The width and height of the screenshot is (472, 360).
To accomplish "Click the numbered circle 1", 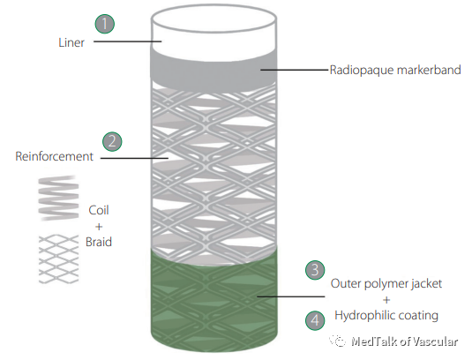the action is pyautogui.click(x=105, y=24).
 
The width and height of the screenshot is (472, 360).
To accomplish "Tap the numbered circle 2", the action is pyautogui.click(x=112, y=141).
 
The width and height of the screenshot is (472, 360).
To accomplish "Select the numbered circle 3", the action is pyautogui.click(x=315, y=270).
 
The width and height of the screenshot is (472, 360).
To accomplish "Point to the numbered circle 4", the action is pyautogui.click(x=315, y=320).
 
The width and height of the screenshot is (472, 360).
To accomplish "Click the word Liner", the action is pyautogui.click(x=71, y=42).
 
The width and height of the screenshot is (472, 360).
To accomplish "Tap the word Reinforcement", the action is pyautogui.click(x=54, y=156).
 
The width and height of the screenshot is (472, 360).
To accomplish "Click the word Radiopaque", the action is pyautogui.click(x=362, y=70).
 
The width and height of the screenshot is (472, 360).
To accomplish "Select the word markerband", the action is pyautogui.click(x=429, y=70).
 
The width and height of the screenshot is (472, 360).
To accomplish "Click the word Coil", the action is pyautogui.click(x=99, y=210).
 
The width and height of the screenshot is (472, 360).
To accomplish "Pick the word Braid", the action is pyautogui.click(x=99, y=242).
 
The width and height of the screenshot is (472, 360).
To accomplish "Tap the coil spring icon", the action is pyautogui.click(x=59, y=198).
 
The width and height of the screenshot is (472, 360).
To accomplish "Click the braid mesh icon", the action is pyautogui.click(x=59, y=259).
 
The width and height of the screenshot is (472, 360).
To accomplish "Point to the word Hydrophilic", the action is pyautogui.click(x=358, y=316).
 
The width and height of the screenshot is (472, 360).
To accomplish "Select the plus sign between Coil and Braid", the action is pyautogui.click(x=99, y=227).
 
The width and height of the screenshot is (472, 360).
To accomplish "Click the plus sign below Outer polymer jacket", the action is pyautogui.click(x=386, y=300).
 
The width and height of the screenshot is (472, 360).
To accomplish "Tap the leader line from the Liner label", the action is pyautogui.click(x=128, y=41).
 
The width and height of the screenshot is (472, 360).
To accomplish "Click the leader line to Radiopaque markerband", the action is pyautogui.click(x=294, y=70).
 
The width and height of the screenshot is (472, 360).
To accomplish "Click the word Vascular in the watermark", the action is pyautogui.click(x=435, y=341).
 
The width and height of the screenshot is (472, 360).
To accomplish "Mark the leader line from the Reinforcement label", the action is pyautogui.click(x=134, y=158).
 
